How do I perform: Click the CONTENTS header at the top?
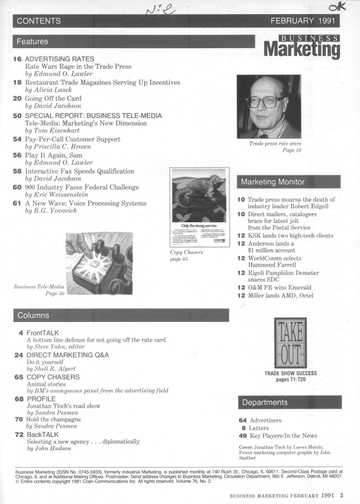coord(39,21)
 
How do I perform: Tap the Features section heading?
coord(32,41)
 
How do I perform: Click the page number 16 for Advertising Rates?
coord(17,59)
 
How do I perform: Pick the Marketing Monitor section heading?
coord(272,182)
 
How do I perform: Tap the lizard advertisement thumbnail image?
coord(198,208)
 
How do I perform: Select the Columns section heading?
coord(33,315)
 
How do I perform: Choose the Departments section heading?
coord(265,402)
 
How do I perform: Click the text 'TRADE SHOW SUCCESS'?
coord(290,373)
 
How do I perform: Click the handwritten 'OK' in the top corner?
coord(337,7)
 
